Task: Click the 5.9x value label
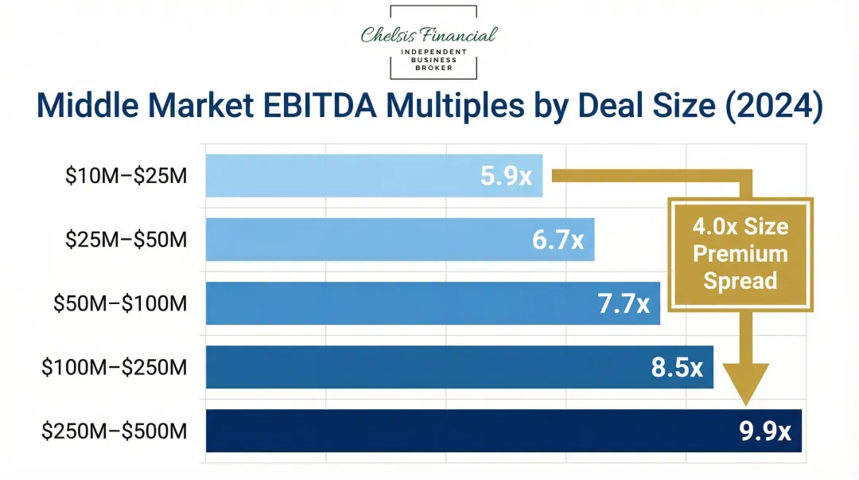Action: point(506,175)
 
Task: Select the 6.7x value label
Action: point(558,240)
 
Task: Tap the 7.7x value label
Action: point(624,303)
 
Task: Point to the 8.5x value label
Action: point(677,367)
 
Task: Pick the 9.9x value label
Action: point(765,431)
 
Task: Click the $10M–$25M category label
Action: point(126,175)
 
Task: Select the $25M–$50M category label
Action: point(126,239)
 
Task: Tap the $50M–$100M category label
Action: point(120,303)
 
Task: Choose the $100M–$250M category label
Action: point(115,367)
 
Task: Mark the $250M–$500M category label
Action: point(115,431)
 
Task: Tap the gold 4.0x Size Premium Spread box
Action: point(740,254)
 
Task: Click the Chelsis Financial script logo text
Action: point(429,34)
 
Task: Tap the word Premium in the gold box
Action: point(740,254)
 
